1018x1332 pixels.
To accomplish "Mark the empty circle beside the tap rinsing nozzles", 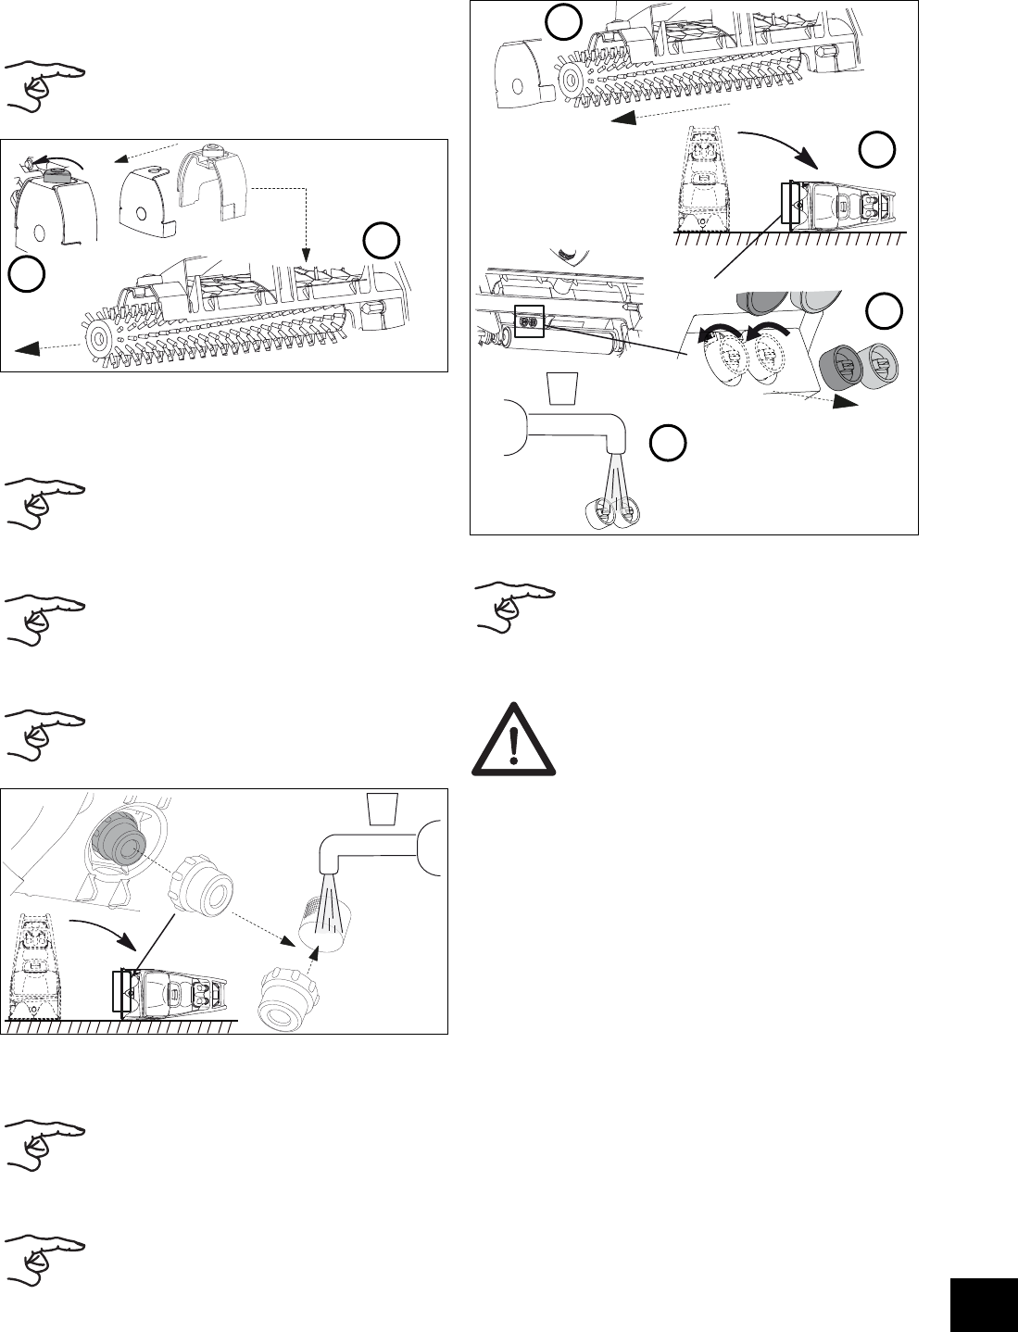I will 665,444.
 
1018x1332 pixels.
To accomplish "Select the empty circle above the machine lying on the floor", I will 875,149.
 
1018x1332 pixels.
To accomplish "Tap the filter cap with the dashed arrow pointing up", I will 280,999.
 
